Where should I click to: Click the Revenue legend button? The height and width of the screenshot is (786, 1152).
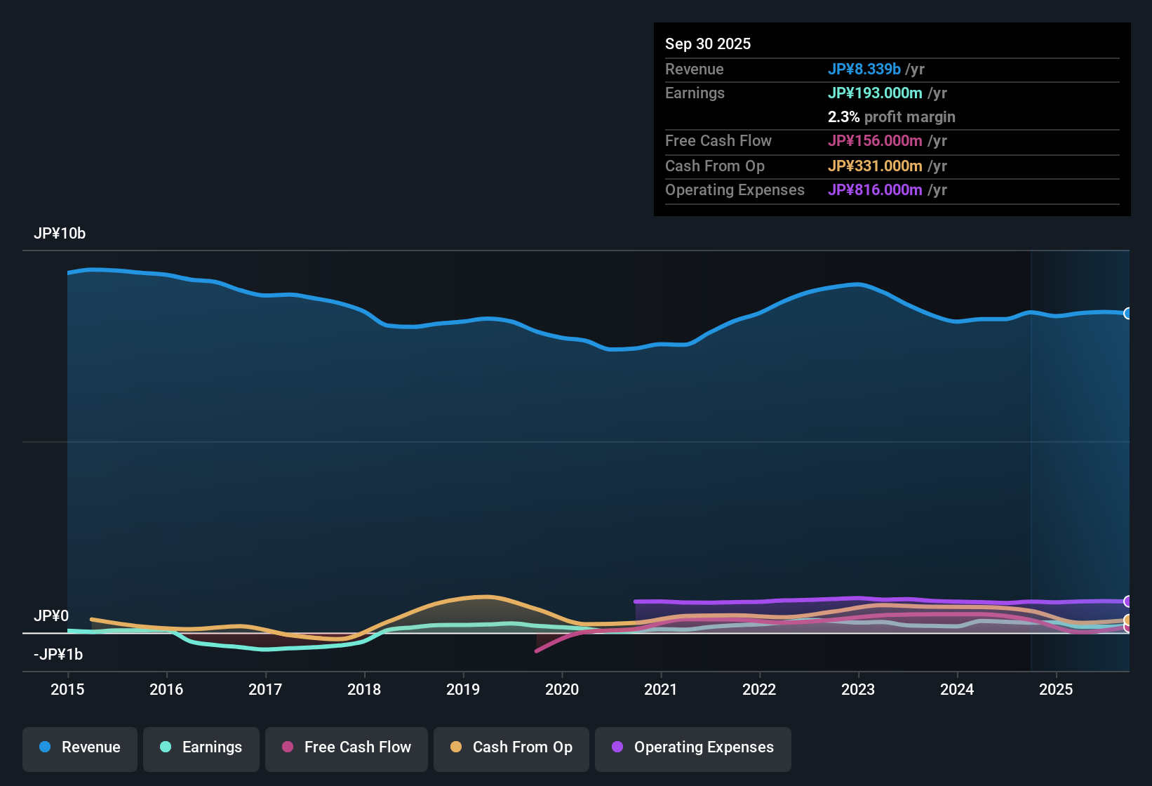coord(80,748)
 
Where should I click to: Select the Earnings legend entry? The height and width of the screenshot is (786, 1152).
coord(201,748)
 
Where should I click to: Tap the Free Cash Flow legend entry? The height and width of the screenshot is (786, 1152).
coord(347,748)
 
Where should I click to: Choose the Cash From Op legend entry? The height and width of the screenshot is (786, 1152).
coord(511,748)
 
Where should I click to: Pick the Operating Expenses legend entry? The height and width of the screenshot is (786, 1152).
coord(693,748)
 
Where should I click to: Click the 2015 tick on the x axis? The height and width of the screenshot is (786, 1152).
coord(67,689)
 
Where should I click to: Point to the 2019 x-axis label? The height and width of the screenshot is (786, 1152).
coord(463,689)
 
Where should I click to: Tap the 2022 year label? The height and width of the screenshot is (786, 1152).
coord(759,689)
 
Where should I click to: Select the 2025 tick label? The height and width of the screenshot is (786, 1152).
coord(1056,689)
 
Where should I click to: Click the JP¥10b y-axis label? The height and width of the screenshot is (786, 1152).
coord(60,234)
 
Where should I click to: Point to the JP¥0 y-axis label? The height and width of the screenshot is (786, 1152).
coord(51,615)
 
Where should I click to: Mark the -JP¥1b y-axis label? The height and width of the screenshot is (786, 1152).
coord(58,654)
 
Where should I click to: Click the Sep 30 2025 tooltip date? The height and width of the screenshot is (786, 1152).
coord(708,44)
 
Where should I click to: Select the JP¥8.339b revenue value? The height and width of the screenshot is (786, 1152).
coord(864,69)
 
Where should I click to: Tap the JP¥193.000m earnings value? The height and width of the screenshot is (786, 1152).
coord(875,93)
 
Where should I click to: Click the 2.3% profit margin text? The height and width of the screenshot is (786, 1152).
coord(891,116)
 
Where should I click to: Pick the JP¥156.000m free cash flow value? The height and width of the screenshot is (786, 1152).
coord(875,140)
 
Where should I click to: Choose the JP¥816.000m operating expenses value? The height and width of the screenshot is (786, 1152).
coord(875,189)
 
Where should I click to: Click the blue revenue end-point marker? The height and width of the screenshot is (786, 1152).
coord(1128,314)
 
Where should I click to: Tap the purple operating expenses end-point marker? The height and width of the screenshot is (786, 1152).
coord(1128,601)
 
